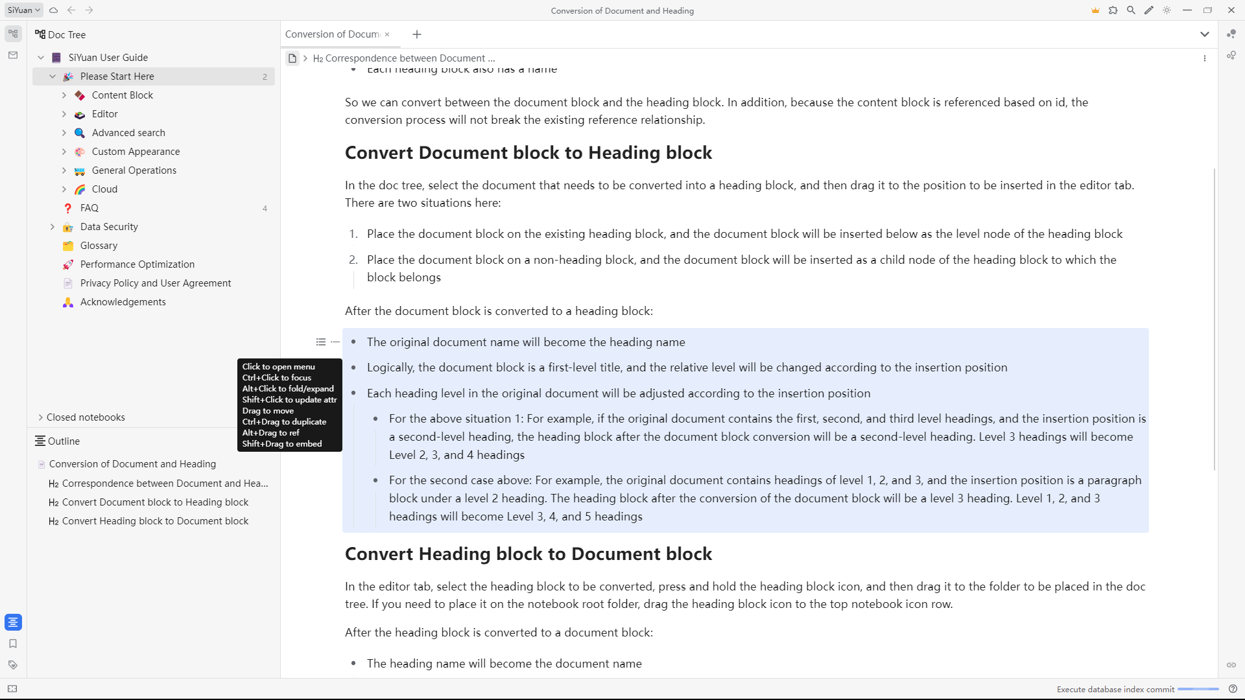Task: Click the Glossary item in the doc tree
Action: point(99,246)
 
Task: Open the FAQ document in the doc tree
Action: point(89,208)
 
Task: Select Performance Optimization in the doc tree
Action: point(137,264)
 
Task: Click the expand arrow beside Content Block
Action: point(64,95)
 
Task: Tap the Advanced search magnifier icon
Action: point(80,133)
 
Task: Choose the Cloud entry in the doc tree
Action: point(104,189)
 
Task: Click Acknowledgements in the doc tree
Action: point(123,302)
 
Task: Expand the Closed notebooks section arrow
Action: point(41,417)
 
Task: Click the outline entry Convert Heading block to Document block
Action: point(155,521)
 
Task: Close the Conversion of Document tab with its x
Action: point(387,34)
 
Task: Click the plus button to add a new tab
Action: point(417,34)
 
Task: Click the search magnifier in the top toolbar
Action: point(1131,10)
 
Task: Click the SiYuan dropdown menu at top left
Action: point(24,10)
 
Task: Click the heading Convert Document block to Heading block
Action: point(528,153)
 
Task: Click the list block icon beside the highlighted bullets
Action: point(321,342)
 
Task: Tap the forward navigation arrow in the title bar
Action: point(89,10)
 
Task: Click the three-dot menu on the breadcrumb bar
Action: point(1205,58)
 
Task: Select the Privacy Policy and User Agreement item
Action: point(155,283)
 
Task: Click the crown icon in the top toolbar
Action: point(1095,10)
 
